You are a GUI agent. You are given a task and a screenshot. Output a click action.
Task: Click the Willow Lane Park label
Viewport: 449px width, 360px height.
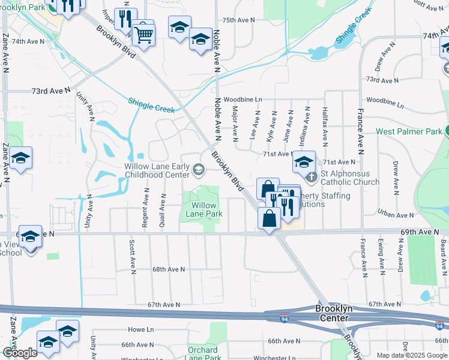pos(203,209)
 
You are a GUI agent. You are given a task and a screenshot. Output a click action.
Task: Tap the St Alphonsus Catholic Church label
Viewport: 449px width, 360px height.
pos(349,178)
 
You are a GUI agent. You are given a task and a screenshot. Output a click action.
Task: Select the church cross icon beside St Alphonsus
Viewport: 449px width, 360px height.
pos(310,177)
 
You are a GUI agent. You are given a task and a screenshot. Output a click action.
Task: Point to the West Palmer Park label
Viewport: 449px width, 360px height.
pos(409,131)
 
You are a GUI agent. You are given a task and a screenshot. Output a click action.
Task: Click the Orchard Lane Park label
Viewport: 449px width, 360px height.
pos(202,354)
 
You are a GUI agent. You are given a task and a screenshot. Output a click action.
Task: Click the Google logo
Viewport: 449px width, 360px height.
pos(20,353)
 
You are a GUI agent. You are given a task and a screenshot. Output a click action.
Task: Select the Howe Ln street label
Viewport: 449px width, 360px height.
pos(141,329)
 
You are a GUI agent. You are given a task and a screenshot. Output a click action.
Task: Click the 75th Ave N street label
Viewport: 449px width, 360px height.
pos(239,20)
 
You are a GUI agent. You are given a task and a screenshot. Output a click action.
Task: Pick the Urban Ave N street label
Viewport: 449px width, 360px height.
pos(396,215)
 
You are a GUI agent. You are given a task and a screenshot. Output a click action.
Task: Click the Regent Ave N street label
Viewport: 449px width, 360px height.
pos(145,208)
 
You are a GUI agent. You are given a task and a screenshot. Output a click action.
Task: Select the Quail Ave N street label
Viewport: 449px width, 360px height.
pos(163,211)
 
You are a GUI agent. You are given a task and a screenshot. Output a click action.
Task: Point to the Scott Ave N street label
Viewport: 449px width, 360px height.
pos(131,254)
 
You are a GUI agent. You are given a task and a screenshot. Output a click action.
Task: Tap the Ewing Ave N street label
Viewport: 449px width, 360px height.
pos(381,256)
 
